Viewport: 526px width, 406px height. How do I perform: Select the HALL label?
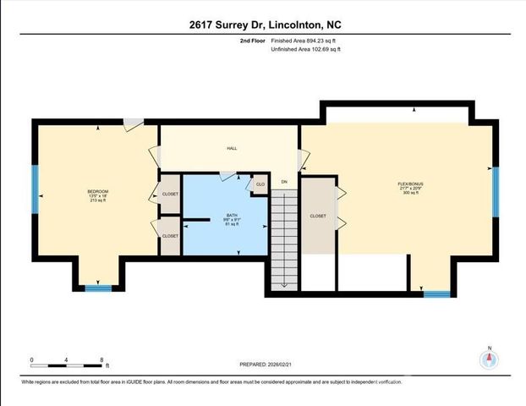231,148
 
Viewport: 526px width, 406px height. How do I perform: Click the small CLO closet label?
260,184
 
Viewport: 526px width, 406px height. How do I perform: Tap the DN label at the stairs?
284,182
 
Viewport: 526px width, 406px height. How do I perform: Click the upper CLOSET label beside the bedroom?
170,195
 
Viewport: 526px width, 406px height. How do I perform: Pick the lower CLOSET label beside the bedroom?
170,236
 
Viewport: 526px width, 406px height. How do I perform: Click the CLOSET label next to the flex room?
318,217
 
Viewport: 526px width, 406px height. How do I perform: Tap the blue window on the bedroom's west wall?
36,189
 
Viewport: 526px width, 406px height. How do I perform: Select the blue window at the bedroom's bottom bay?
98,288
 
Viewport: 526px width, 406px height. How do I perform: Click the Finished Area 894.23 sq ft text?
310,41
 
